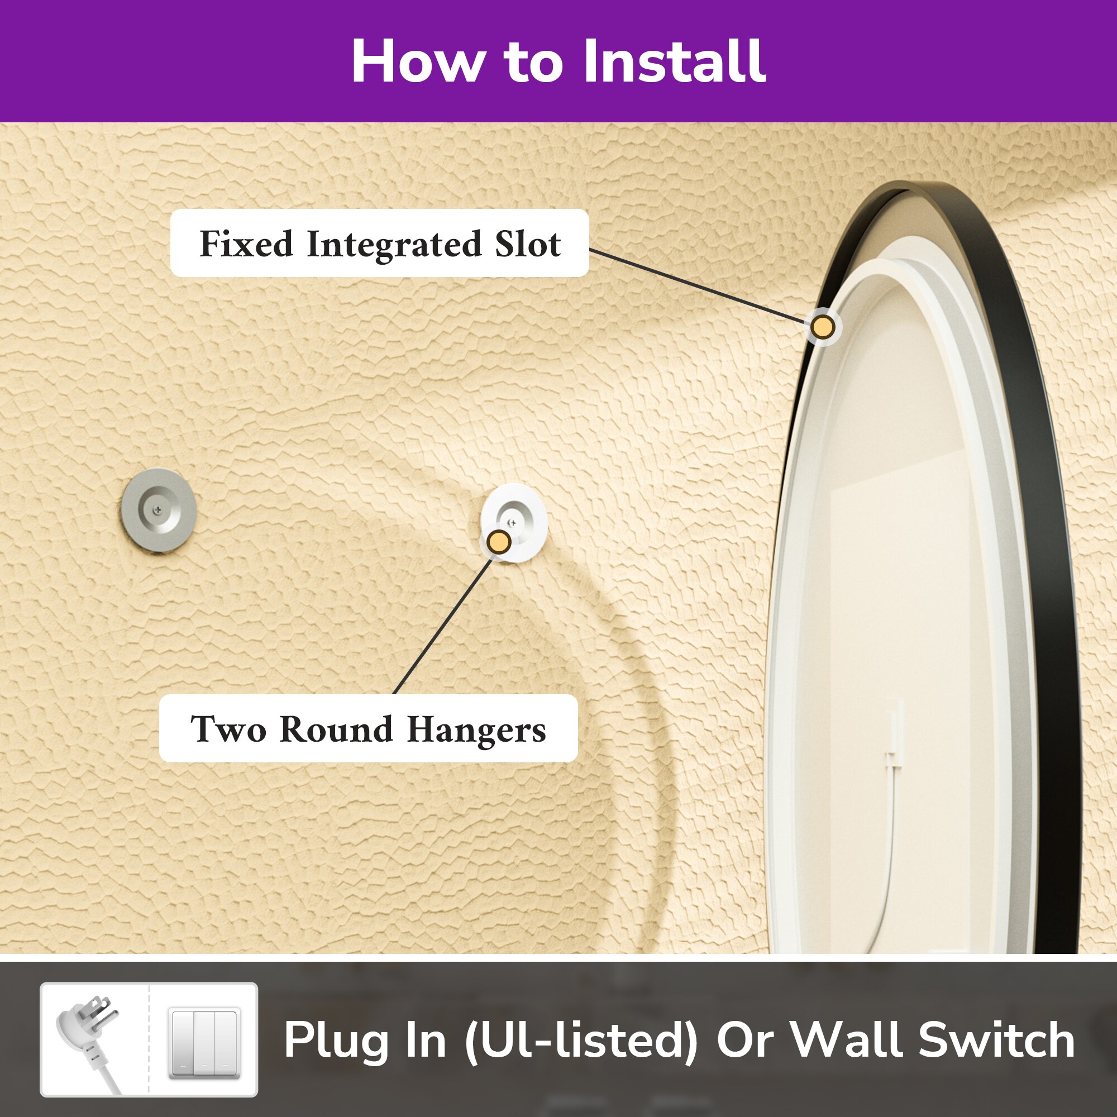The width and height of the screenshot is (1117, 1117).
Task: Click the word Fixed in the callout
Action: pyautogui.click(x=246, y=244)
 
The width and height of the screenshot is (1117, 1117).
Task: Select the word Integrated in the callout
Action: pyautogui.click(x=394, y=245)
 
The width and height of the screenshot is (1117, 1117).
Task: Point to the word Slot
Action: pyautogui.click(x=527, y=244)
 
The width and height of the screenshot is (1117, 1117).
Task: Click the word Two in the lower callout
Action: pyautogui.click(x=228, y=728)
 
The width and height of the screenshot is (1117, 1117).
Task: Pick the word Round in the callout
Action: pyautogui.click(x=336, y=728)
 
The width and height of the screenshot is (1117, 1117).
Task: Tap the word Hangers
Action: pyautogui.click(x=476, y=729)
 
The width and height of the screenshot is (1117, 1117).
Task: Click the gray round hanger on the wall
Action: pyautogui.click(x=159, y=510)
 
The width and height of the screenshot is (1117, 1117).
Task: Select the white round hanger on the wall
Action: pyautogui.click(x=513, y=522)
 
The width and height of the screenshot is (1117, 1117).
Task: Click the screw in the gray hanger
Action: pyautogui.click(x=157, y=509)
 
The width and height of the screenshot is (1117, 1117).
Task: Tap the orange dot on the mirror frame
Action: pyautogui.click(x=822, y=327)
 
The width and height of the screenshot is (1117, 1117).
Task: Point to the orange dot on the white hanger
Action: pyautogui.click(x=498, y=542)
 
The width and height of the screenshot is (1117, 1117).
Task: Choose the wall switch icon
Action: pyautogui.click(x=204, y=1042)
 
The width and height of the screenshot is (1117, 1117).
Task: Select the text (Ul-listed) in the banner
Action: pyautogui.click(x=581, y=1040)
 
